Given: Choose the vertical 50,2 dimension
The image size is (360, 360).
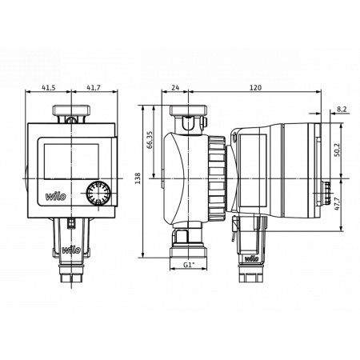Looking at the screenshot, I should point(337,150).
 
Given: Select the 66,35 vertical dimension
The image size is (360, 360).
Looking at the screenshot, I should point(150,141).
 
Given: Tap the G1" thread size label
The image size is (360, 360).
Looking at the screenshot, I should point(189,264).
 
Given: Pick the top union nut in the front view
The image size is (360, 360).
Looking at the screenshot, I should point(71,111).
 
